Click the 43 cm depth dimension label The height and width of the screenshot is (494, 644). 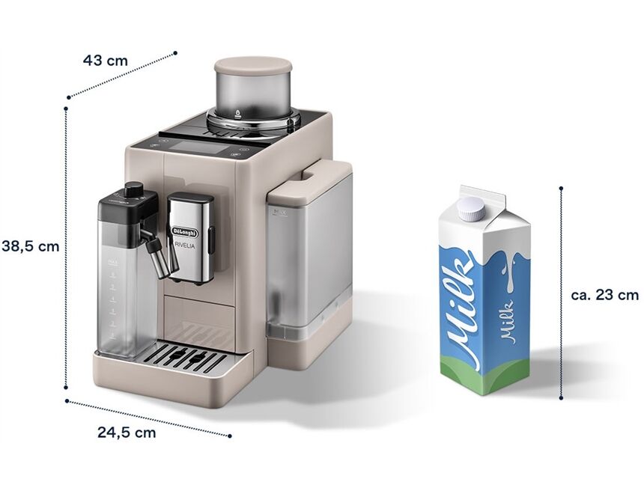pyautogui.click(x=105, y=61)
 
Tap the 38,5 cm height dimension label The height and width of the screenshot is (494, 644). pyautogui.click(x=30, y=246)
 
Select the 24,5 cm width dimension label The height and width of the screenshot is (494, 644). pyautogui.click(x=127, y=432)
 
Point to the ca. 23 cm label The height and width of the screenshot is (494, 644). pyautogui.click(x=604, y=295)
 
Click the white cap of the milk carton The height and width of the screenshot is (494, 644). pyautogui.click(x=472, y=208)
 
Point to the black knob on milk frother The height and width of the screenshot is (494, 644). pyautogui.click(x=134, y=189)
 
